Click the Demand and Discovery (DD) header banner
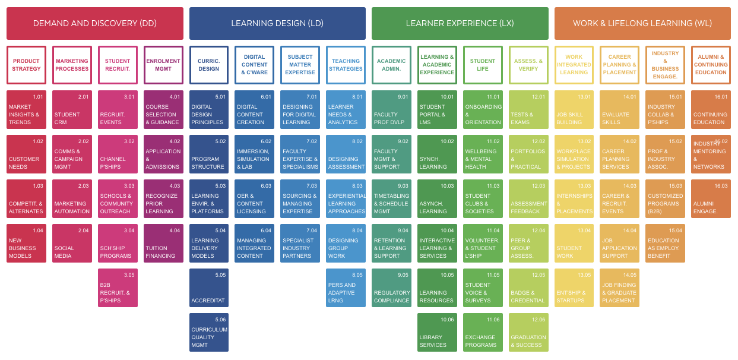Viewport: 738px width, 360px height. pyautogui.click(x=95, y=24)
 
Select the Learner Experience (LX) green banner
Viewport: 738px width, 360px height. pyautogui.click(x=460, y=24)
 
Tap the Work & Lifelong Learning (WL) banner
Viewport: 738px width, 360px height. pyautogui.click(x=642, y=24)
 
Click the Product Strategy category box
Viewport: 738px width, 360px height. pyautogui.click(x=26, y=65)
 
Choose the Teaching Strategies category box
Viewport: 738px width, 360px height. pyautogui.click(x=346, y=65)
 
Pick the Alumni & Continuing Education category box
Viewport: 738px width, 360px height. pyautogui.click(x=711, y=65)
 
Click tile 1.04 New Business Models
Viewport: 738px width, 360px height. pyautogui.click(x=26, y=243)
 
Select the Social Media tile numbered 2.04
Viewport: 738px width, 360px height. pyautogui.click(x=72, y=243)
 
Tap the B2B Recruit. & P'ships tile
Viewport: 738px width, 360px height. pyautogui.click(x=118, y=288)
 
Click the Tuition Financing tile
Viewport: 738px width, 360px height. pyautogui.click(x=163, y=243)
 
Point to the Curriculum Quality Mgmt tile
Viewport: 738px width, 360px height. pyautogui.click(x=209, y=332)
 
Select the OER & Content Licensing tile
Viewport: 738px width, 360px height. pyautogui.click(x=254, y=198)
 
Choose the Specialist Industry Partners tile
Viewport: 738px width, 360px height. pyautogui.click(x=300, y=243)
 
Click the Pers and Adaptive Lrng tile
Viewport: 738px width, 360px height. pyautogui.click(x=346, y=288)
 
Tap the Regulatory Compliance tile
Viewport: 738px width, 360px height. pyautogui.click(x=391, y=288)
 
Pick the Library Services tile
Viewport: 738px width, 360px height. pyautogui.click(x=437, y=332)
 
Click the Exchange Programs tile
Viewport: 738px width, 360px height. pyautogui.click(x=483, y=332)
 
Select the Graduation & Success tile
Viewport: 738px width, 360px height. pyautogui.click(x=528, y=332)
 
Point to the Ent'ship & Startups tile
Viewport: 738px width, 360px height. pyautogui.click(x=574, y=288)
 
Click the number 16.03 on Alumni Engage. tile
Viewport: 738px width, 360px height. pyautogui.click(x=721, y=186)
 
